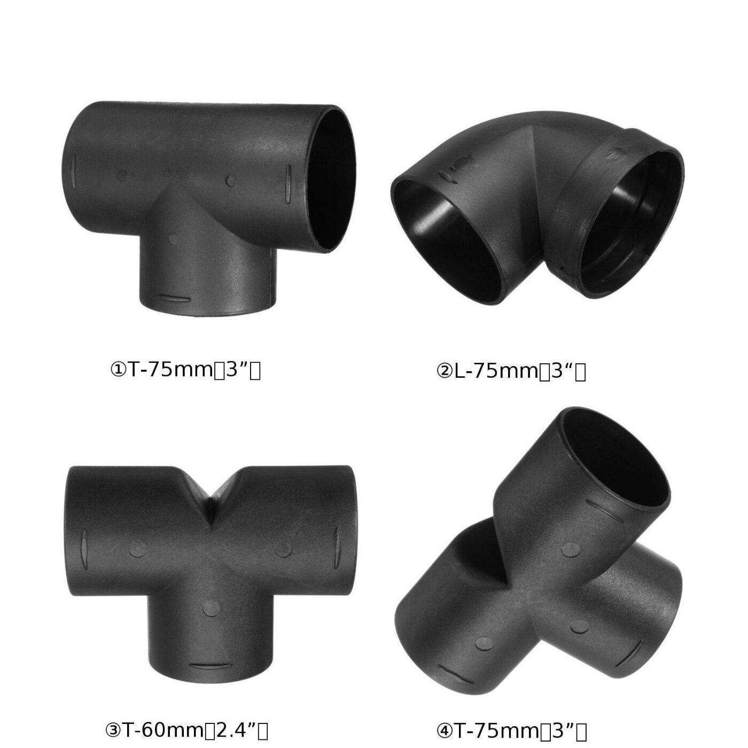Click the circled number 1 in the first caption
click(x=118, y=370)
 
